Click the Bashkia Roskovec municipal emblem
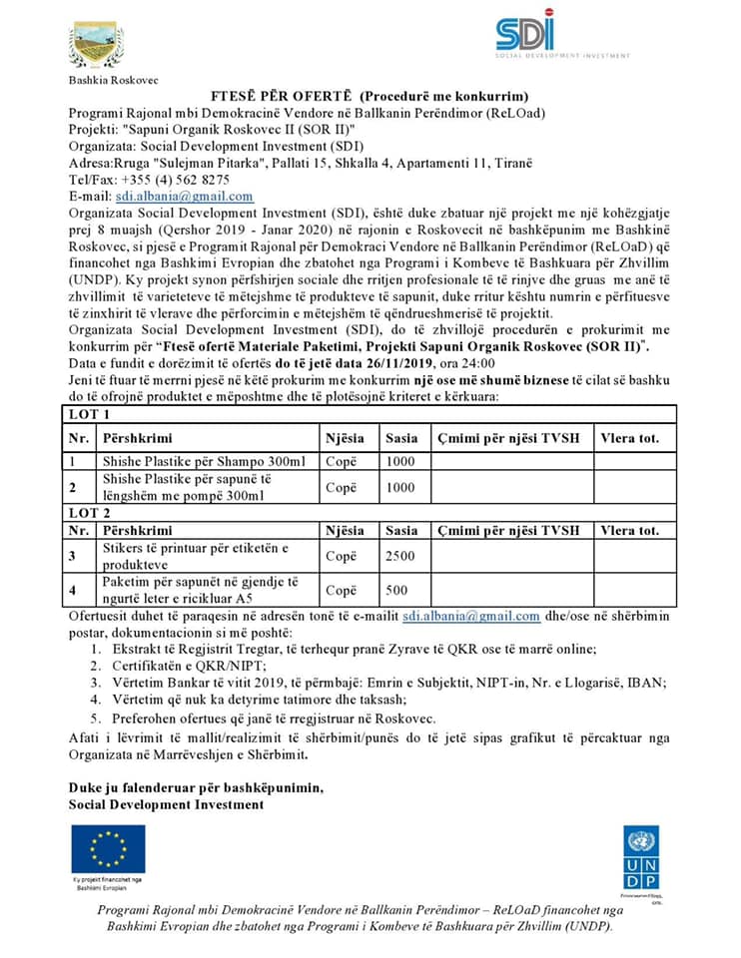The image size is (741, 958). (x=97, y=46)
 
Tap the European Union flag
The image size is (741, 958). (x=107, y=847)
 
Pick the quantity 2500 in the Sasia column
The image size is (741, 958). (x=399, y=556)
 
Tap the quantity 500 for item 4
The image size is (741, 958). (x=396, y=590)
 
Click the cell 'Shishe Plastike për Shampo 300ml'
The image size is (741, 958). (x=209, y=461)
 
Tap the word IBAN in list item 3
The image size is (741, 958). (x=648, y=683)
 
